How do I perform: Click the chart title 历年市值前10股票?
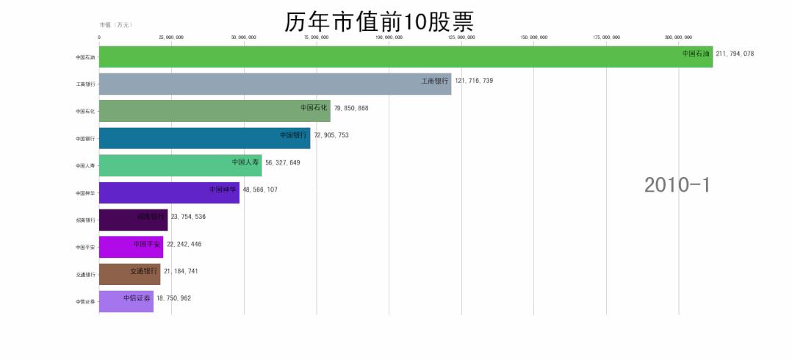[x=378, y=21]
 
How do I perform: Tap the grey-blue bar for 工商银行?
[x=275, y=84]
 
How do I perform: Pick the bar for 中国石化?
[x=215, y=111]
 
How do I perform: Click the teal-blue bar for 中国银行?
[x=204, y=138]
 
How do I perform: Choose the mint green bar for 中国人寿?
[x=180, y=165]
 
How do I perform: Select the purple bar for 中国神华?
[x=169, y=192]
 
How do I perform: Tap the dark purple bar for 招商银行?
[x=133, y=220]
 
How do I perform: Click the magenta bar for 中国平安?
[x=131, y=247]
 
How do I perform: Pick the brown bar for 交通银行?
[x=129, y=274]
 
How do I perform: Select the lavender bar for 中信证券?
[x=126, y=301]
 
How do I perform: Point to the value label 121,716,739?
[x=474, y=81]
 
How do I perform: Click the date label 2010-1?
[x=677, y=185]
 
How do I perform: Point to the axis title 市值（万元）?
[x=115, y=25]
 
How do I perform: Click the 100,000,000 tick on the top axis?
[x=389, y=37]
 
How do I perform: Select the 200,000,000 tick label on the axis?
[x=678, y=37]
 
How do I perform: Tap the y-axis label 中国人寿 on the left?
[x=85, y=166]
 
